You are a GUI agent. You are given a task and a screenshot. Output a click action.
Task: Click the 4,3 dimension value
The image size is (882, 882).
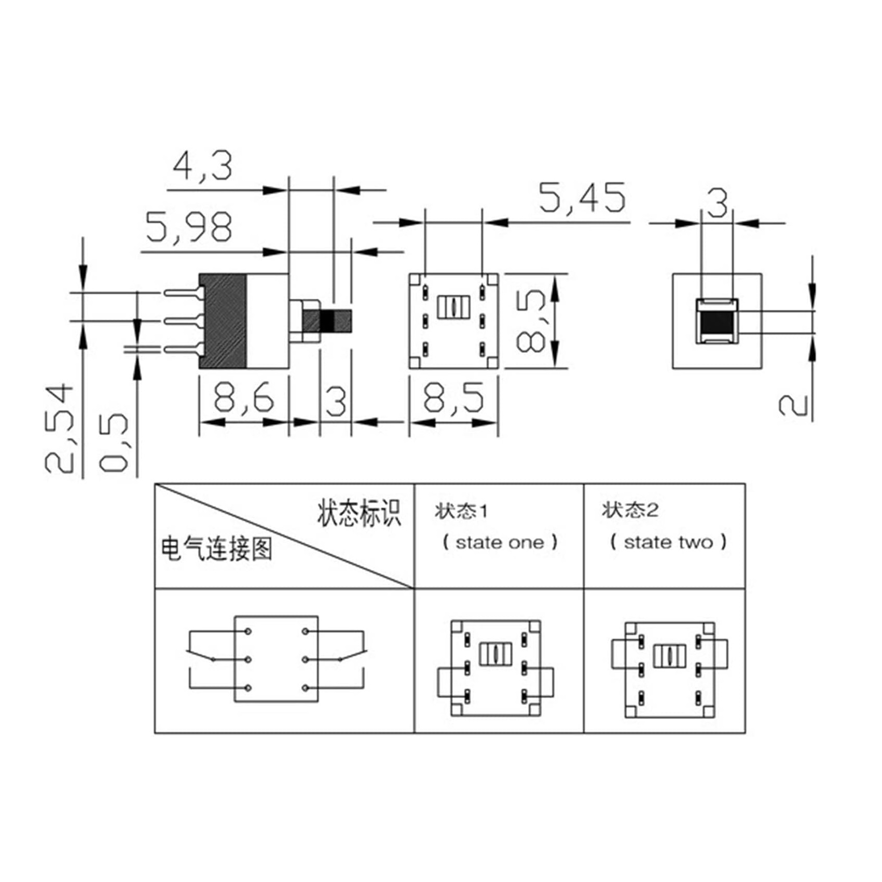(202, 166)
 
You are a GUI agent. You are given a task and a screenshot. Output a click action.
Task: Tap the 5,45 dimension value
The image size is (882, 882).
(582, 198)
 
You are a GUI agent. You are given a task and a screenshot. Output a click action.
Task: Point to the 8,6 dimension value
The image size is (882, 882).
(244, 398)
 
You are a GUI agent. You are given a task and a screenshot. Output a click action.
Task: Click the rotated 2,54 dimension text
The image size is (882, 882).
(59, 428)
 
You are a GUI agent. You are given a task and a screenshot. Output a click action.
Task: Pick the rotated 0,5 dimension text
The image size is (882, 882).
(113, 443)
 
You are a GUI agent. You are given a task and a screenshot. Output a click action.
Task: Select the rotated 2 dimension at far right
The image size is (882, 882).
(793, 405)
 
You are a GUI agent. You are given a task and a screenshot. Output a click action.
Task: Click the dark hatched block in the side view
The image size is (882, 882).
(223, 321)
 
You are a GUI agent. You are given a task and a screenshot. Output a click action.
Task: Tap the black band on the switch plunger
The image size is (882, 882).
(327, 321)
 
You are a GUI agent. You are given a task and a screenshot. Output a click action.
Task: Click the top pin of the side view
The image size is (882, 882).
(182, 293)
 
